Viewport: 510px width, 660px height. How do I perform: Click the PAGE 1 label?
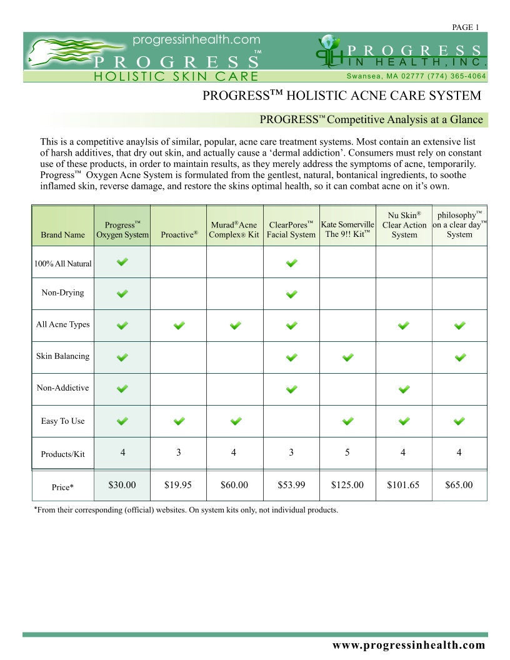[464, 27]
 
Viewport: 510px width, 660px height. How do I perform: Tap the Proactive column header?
[179, 234]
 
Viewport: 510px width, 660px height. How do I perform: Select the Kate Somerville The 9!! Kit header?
[347, 229]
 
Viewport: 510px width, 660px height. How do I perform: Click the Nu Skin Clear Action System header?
[404, 225]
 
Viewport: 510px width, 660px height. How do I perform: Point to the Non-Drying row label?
[62, 292]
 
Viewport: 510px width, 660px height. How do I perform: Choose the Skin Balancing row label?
[62, 356]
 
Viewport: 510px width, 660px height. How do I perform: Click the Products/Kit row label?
[62, 454]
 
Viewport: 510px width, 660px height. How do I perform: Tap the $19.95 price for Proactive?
[178, 484]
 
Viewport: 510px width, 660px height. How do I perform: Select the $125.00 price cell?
[347, 484]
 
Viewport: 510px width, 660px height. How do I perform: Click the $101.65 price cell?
[403, 484]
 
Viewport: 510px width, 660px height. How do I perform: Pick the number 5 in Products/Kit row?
[347, 452]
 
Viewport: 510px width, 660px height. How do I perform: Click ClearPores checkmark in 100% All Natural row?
[291, 263]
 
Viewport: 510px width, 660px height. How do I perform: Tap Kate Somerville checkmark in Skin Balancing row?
[348, 357]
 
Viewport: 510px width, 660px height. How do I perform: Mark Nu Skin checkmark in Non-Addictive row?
[404, 389]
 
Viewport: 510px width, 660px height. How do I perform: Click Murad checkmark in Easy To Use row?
[235, 421]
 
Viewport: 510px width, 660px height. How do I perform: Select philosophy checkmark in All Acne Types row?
[459, 325]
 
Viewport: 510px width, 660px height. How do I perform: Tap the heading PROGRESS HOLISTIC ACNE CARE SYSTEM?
[342, 96]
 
